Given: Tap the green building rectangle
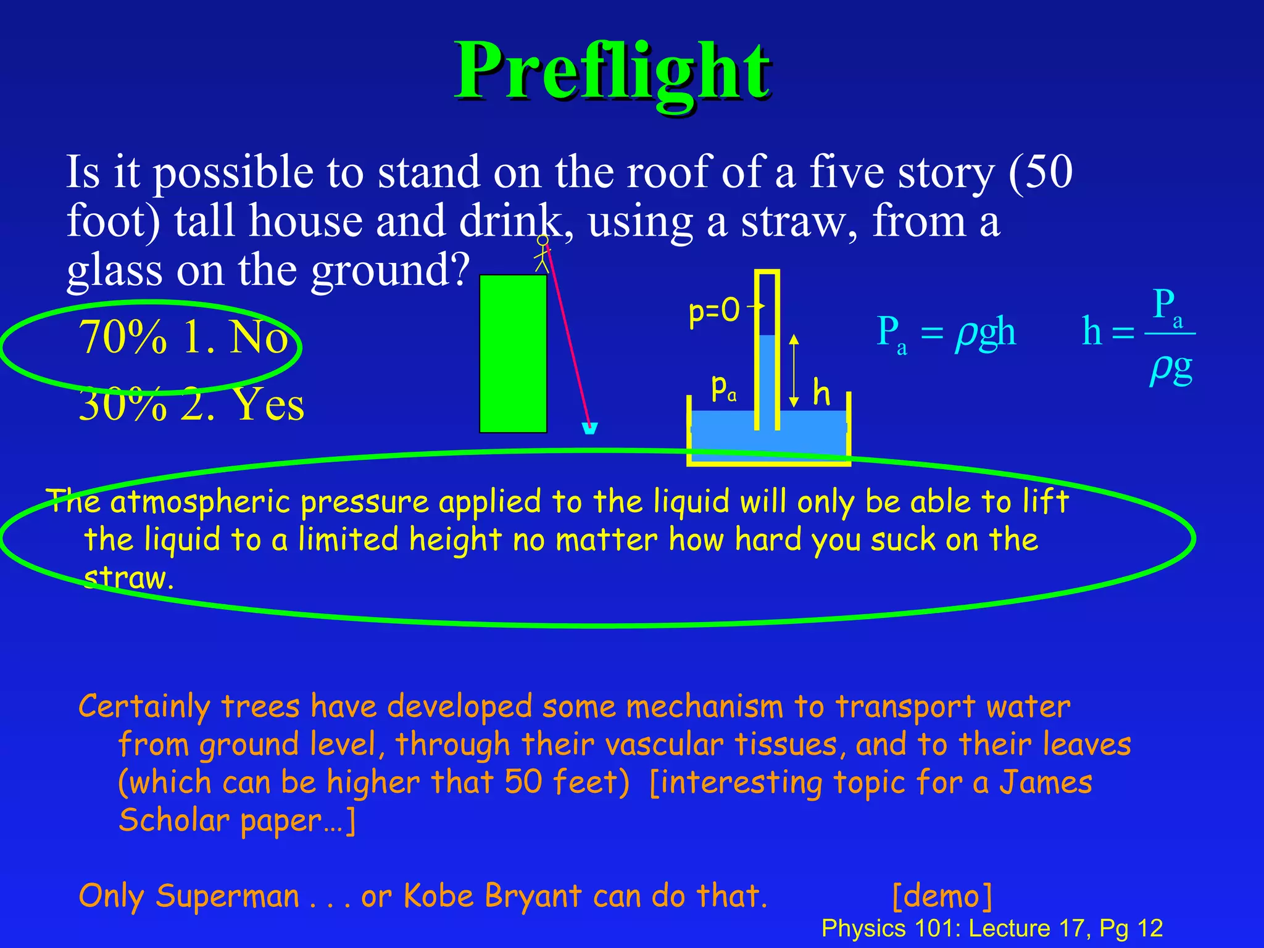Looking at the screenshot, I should pos(513,354).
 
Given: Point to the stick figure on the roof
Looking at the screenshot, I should pos(543,254).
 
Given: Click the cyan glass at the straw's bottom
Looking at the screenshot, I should pos(590,428).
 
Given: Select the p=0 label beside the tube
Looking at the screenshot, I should pos(714,310).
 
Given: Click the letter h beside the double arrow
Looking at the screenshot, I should pos(821,393).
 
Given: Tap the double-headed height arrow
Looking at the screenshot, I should pos(794,370).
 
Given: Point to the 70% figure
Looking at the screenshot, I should pos(123,338).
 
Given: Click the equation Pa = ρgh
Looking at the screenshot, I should pos(946,333).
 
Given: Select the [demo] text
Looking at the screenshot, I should pos(942,896).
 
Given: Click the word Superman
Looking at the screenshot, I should pos(227,896).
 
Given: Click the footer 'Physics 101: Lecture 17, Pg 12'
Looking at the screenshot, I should pos(992,928).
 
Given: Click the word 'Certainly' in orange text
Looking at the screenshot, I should pos(144,706).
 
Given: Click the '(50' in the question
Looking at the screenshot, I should pos(1041,172).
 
